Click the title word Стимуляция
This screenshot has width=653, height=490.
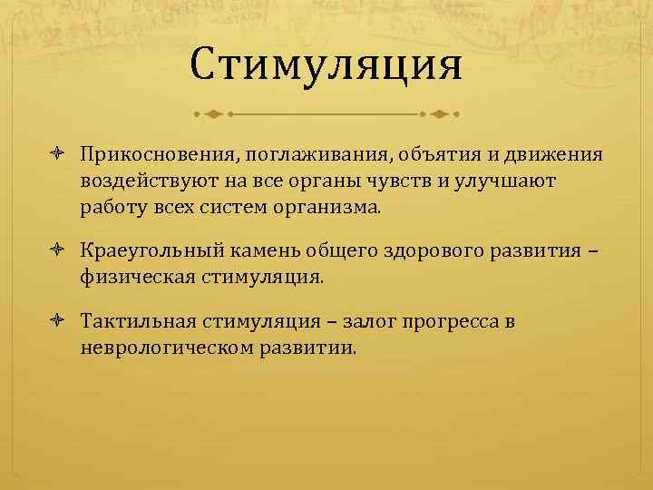pos(326,66)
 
